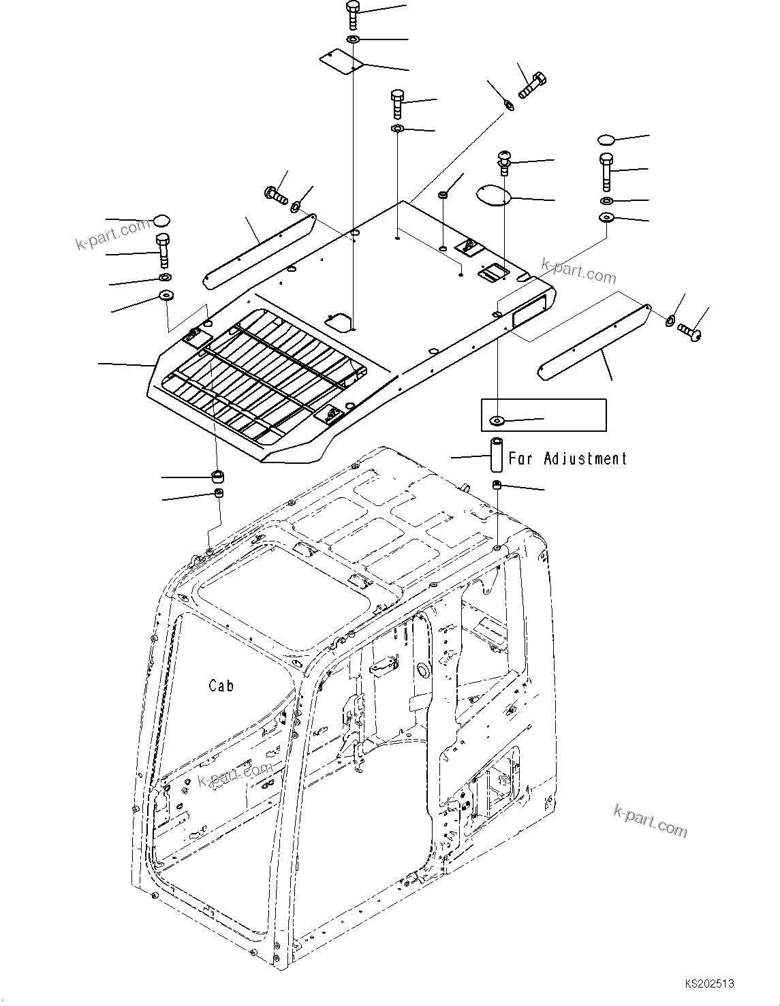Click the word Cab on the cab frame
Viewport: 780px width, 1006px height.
point(221,686)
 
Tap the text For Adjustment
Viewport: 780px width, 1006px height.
point(567,459)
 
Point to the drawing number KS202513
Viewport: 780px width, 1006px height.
point(710,984)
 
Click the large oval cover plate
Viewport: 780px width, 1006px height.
point(493,195)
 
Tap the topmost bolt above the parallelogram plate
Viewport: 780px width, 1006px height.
point(353,14)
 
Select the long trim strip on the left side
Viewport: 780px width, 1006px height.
point(260,251)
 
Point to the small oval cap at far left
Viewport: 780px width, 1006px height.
point(161,221)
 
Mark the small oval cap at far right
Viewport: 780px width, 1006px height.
point(606,140)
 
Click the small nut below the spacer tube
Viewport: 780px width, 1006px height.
point(497,485)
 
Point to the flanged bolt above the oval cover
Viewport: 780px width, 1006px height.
point(504,162)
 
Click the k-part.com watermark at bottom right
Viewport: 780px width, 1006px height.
point(650,819)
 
